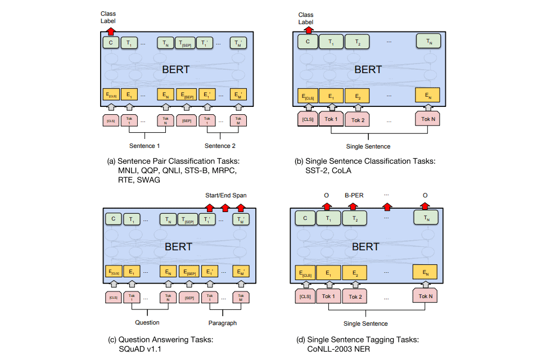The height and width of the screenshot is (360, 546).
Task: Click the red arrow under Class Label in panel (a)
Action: [x=111, y=31]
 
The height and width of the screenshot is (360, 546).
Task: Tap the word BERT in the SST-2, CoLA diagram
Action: [x=368, y=70]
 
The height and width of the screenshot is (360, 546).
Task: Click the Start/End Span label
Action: [x=225, y=195]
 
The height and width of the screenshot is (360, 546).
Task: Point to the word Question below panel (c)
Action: [x=147, y=322]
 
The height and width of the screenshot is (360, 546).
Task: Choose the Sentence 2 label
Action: [x=220, y=146]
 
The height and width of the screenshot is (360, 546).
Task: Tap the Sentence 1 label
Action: [x=145, y=146]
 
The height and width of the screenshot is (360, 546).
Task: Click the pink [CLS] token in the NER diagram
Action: [x=305, y=296]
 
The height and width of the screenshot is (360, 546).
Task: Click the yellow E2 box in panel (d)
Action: [x=355, y=274]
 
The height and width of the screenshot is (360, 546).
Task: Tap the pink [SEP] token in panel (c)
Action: [x=189, y=297]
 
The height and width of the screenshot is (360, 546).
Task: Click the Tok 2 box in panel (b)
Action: [x=358, y=120]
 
